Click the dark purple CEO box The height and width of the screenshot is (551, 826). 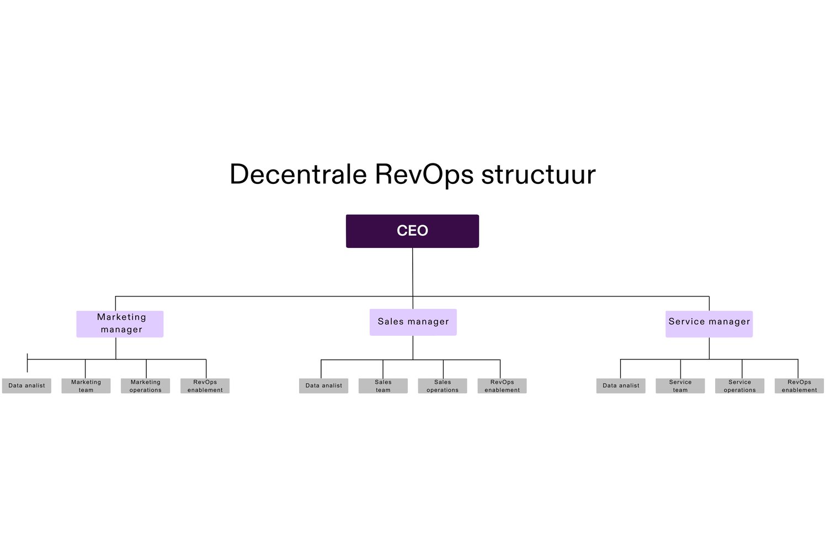412,231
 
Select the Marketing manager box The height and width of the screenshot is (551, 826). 120,324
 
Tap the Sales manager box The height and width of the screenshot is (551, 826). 413,322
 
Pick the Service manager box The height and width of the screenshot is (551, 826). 709,324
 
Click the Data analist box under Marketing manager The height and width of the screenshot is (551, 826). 26,385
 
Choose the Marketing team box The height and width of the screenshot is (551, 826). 86,385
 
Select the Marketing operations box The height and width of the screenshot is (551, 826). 145,385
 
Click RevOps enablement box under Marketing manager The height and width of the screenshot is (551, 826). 205,385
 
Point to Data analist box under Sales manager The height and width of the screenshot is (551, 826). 323,385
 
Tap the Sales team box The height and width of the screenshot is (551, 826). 383,385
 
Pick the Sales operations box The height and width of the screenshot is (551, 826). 443,385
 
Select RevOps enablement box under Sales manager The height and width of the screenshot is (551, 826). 502,385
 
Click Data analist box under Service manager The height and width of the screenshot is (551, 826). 621,385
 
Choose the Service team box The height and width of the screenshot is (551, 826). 680,385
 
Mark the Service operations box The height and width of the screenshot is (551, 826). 740,385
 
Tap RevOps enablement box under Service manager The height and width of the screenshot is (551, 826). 799,385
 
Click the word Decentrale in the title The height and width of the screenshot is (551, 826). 298,174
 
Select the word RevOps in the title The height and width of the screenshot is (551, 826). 424,174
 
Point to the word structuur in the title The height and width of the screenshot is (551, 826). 538,174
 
